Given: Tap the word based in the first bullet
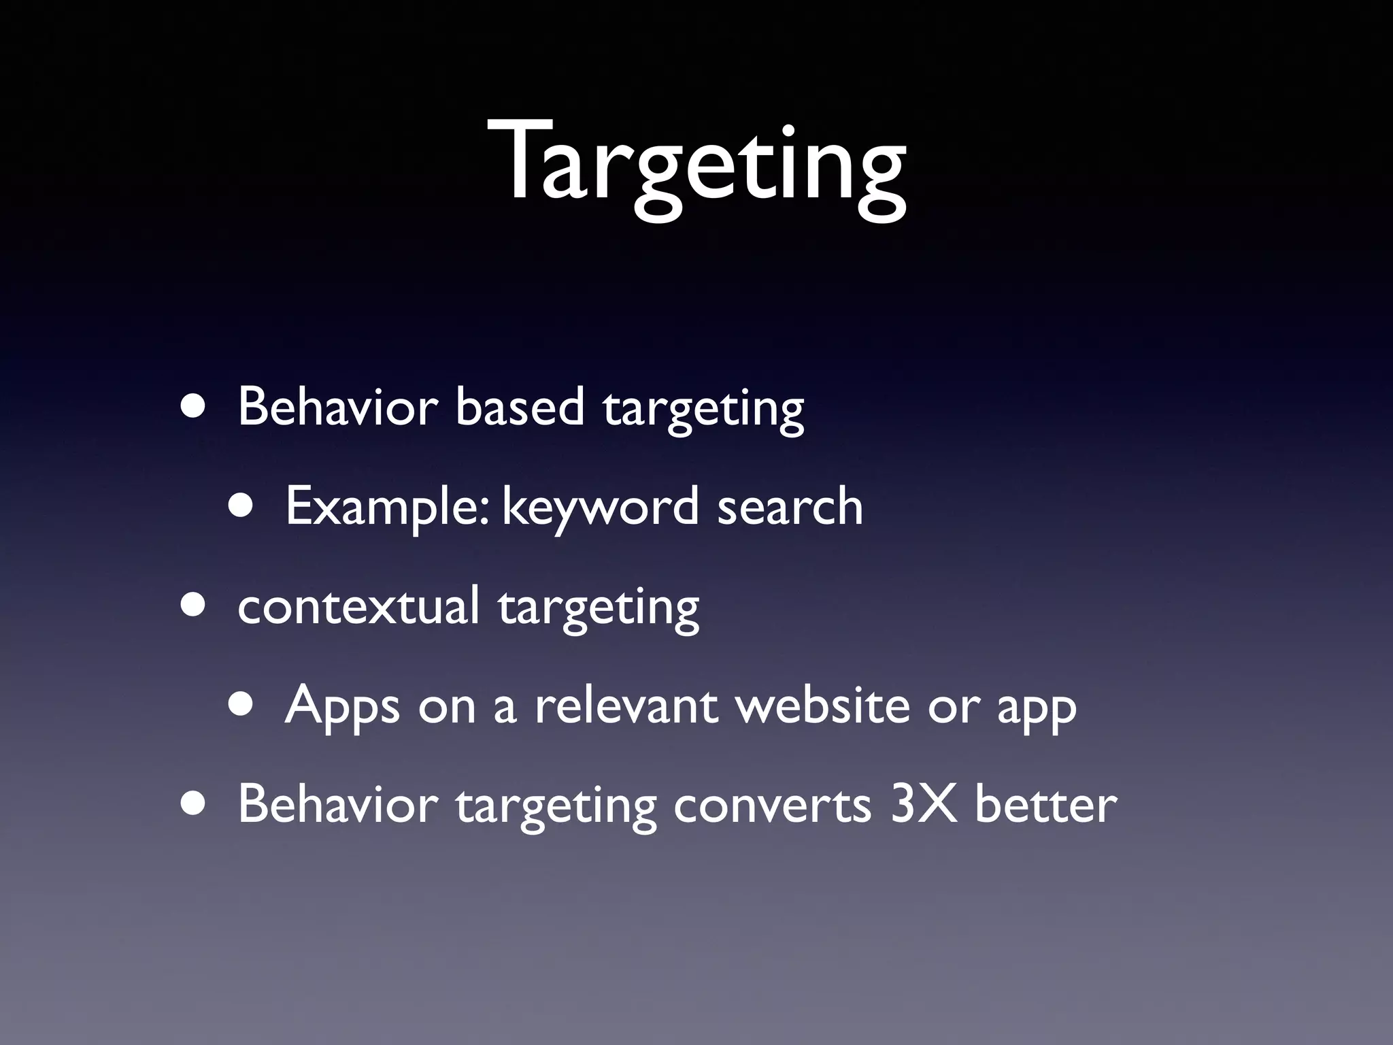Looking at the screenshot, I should pos(520,407).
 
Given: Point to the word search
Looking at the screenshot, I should pos(790,506).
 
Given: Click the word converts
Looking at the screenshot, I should pos(772,805).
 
